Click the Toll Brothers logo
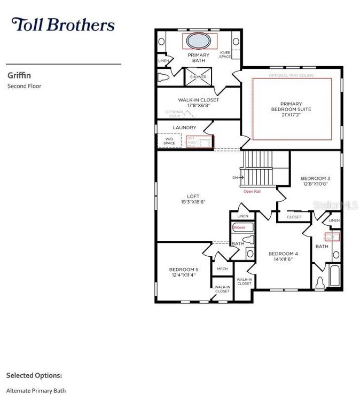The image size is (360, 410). pyautogui.click(x=63, y=25)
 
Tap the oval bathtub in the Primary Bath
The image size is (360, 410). pyautogui.click(x=199, y=41)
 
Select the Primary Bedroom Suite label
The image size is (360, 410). pyautogui.click(x=291, y=109)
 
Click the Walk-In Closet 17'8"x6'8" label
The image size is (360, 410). pyautogui.click(x=198, y=102)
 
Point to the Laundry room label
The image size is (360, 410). pyautogui.click(x=184, y=128)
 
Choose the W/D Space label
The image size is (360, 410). pyautogui.click(x=169, y=141)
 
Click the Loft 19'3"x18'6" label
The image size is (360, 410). pyautogui.click(x=193, y=199)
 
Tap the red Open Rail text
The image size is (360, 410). pyautogui.click(x=252, y=191)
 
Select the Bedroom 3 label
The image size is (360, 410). pyautogui.click(x=315, y=181)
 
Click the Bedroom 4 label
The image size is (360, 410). pyautogui.click(x=283, y=256)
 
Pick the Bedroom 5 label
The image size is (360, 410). pyautogui.click(x=184, y=272)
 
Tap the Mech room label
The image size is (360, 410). pyautogui.click(x=222, y=269)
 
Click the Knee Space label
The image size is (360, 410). pyautogui.click(x=225, y=54)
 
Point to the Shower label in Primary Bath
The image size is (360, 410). pyautogui.click(x=198, y=77)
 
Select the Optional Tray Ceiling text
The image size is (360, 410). pyautogui.click(x=291, y=76)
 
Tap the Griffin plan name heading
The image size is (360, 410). pyautogui.click(x=19, y=75)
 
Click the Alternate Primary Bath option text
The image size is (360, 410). pyautogui.click(x=36, y=391)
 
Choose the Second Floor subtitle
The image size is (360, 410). pyautogui.click(x=24, y=86)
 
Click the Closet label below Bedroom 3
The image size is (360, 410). pyautogui.click(x=294, y=217)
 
